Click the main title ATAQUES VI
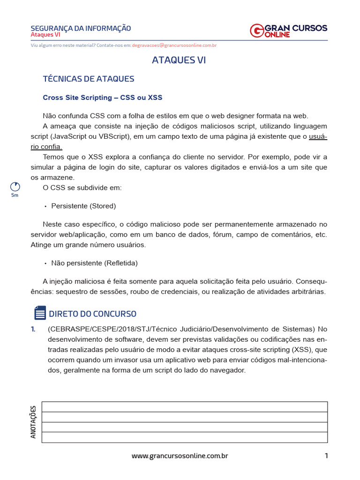tap(179, 60)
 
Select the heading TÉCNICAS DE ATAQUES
tap(89, 79)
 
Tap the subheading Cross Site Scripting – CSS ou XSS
tap(103, 97)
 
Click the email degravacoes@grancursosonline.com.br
tap(174, 45)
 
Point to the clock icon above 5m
tap(15, 187)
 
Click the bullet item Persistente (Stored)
tap(83, 206)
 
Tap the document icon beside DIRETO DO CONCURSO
tap(40, 313)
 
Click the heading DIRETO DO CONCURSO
tap(92, 314)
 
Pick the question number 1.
tap(33, 329)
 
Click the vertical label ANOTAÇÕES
tap(33, 422)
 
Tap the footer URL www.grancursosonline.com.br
tap(180, 456)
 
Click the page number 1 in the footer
tap(326, 456)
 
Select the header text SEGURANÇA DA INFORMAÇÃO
tap(81, 29)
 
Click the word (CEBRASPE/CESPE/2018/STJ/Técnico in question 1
tap(106, 329)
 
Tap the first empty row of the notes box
tap(184, 407)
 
